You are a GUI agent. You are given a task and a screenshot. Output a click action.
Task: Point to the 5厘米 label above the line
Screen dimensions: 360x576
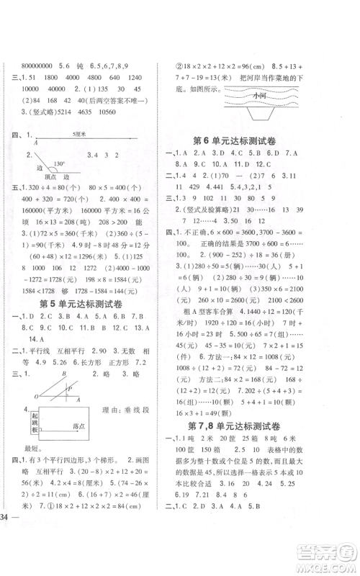pos(71,134)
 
